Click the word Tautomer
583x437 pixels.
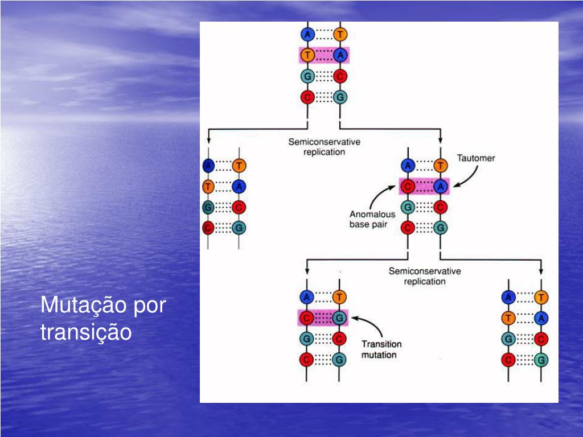point(476,158)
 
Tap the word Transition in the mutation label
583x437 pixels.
point(381,344)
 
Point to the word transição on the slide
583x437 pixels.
point(86,332)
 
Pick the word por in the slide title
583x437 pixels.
point(149,306)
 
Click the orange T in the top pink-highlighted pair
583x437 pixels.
point(307,55)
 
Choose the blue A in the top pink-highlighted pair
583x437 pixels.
point(340,55)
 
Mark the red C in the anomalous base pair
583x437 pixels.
point(407,185)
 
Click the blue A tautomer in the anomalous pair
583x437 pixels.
point(440,185)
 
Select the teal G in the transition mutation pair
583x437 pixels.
point(339,318)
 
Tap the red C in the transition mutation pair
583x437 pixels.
point(307,318)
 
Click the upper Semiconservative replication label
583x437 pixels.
point(324,147)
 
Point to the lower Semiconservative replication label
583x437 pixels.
point(425,276)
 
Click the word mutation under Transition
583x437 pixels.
point(379,354)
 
